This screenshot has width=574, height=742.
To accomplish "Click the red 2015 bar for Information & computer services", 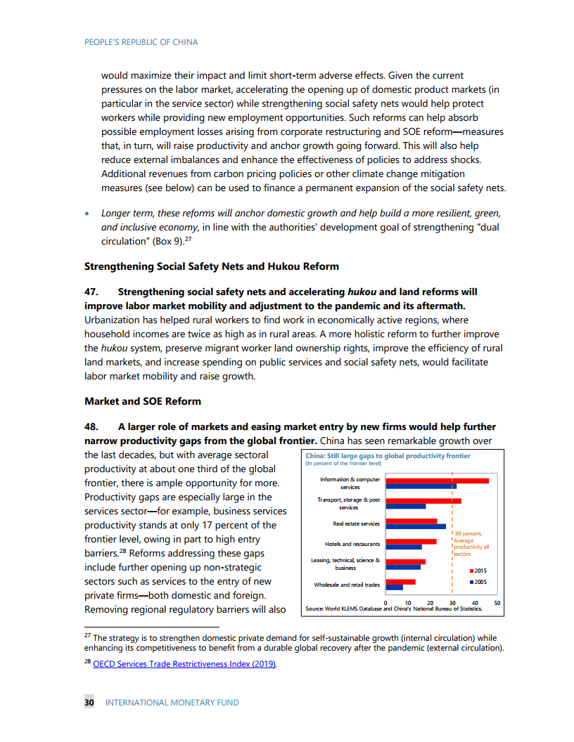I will tap(436, 481).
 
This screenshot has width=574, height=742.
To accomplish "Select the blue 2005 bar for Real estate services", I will tap(415, 526).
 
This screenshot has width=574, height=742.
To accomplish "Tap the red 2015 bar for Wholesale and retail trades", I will tap(400, 582).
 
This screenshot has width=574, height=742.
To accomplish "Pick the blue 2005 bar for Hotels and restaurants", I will tap(404, 547).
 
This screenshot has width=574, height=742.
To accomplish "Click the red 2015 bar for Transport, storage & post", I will tap(423, 501).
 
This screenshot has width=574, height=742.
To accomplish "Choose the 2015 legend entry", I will tap(478, 571).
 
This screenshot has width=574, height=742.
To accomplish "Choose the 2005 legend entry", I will tap(478, 582).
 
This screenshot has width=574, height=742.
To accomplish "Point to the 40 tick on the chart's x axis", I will tap(475, 603).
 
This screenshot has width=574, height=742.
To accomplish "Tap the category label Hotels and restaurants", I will tap(352, 544).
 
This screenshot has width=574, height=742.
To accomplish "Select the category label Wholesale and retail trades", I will tap(346, 585).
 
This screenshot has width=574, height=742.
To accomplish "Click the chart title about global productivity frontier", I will tap(388, 456).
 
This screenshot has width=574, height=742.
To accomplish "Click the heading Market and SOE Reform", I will tap(142, 401).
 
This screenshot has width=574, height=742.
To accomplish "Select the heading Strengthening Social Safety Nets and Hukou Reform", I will tap(211, 266).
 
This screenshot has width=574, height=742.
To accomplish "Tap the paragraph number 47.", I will tap(94, 292).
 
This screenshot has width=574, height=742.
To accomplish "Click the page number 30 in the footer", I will tap(89, 702).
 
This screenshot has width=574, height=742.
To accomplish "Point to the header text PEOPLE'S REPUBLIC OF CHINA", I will tap(141, 42).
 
